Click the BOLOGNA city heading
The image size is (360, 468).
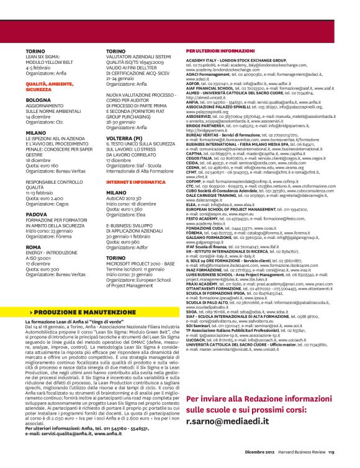coord(38,100)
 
